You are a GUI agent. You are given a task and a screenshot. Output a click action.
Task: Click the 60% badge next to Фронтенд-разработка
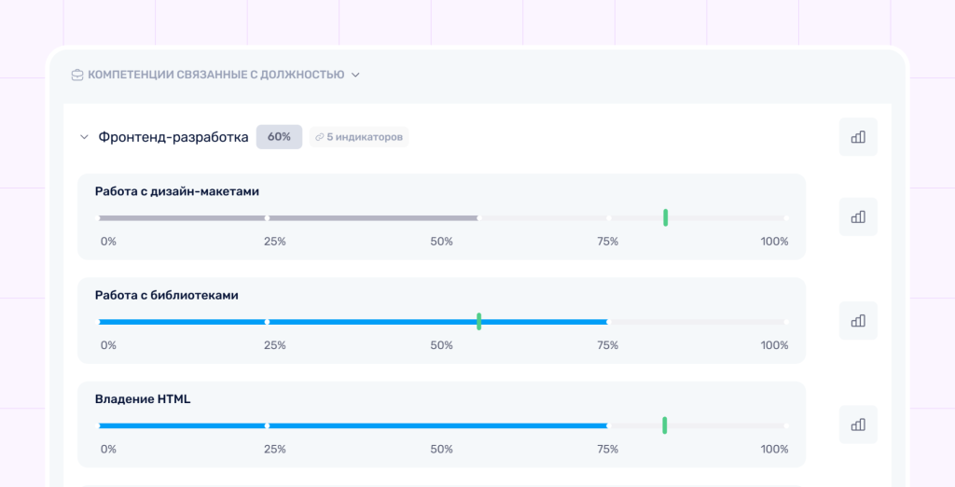(279, 137)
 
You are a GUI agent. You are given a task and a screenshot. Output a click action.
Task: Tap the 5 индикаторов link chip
(359, 137)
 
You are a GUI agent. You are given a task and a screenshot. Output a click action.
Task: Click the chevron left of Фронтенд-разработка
(85, 137)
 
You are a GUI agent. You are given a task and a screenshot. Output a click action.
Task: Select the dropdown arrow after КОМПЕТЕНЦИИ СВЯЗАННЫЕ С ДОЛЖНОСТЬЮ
(355, 75)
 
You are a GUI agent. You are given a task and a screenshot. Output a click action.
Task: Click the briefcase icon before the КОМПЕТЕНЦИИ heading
(77, 75)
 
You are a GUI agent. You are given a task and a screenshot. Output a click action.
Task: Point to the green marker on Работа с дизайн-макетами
(666, 217)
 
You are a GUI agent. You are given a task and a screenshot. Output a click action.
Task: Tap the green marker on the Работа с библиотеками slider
(479, 321)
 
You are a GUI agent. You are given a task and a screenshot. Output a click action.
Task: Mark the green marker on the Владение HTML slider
(664, 425)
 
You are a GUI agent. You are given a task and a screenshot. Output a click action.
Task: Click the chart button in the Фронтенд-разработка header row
(858, 136)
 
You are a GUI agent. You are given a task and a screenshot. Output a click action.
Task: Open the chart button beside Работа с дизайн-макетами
(858, 216)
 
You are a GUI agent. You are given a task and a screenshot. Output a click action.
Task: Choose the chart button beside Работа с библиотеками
(858, 321)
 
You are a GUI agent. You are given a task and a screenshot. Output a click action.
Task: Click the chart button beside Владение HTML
(858, 424)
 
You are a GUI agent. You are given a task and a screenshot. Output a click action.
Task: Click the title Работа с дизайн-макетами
(177, 191)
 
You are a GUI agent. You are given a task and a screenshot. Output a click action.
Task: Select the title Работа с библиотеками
(167, 296)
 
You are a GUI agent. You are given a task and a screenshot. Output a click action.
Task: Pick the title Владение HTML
(143, 399)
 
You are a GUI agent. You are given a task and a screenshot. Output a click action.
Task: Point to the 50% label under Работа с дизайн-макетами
(441, 242)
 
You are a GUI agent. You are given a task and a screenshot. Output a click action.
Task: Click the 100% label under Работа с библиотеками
(774, 345)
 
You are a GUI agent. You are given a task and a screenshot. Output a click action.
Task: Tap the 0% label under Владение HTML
(108, 449)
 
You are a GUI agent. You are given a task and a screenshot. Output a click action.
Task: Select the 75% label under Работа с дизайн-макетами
(608, 242)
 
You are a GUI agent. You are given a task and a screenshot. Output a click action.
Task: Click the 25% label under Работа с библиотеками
(275, 345)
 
